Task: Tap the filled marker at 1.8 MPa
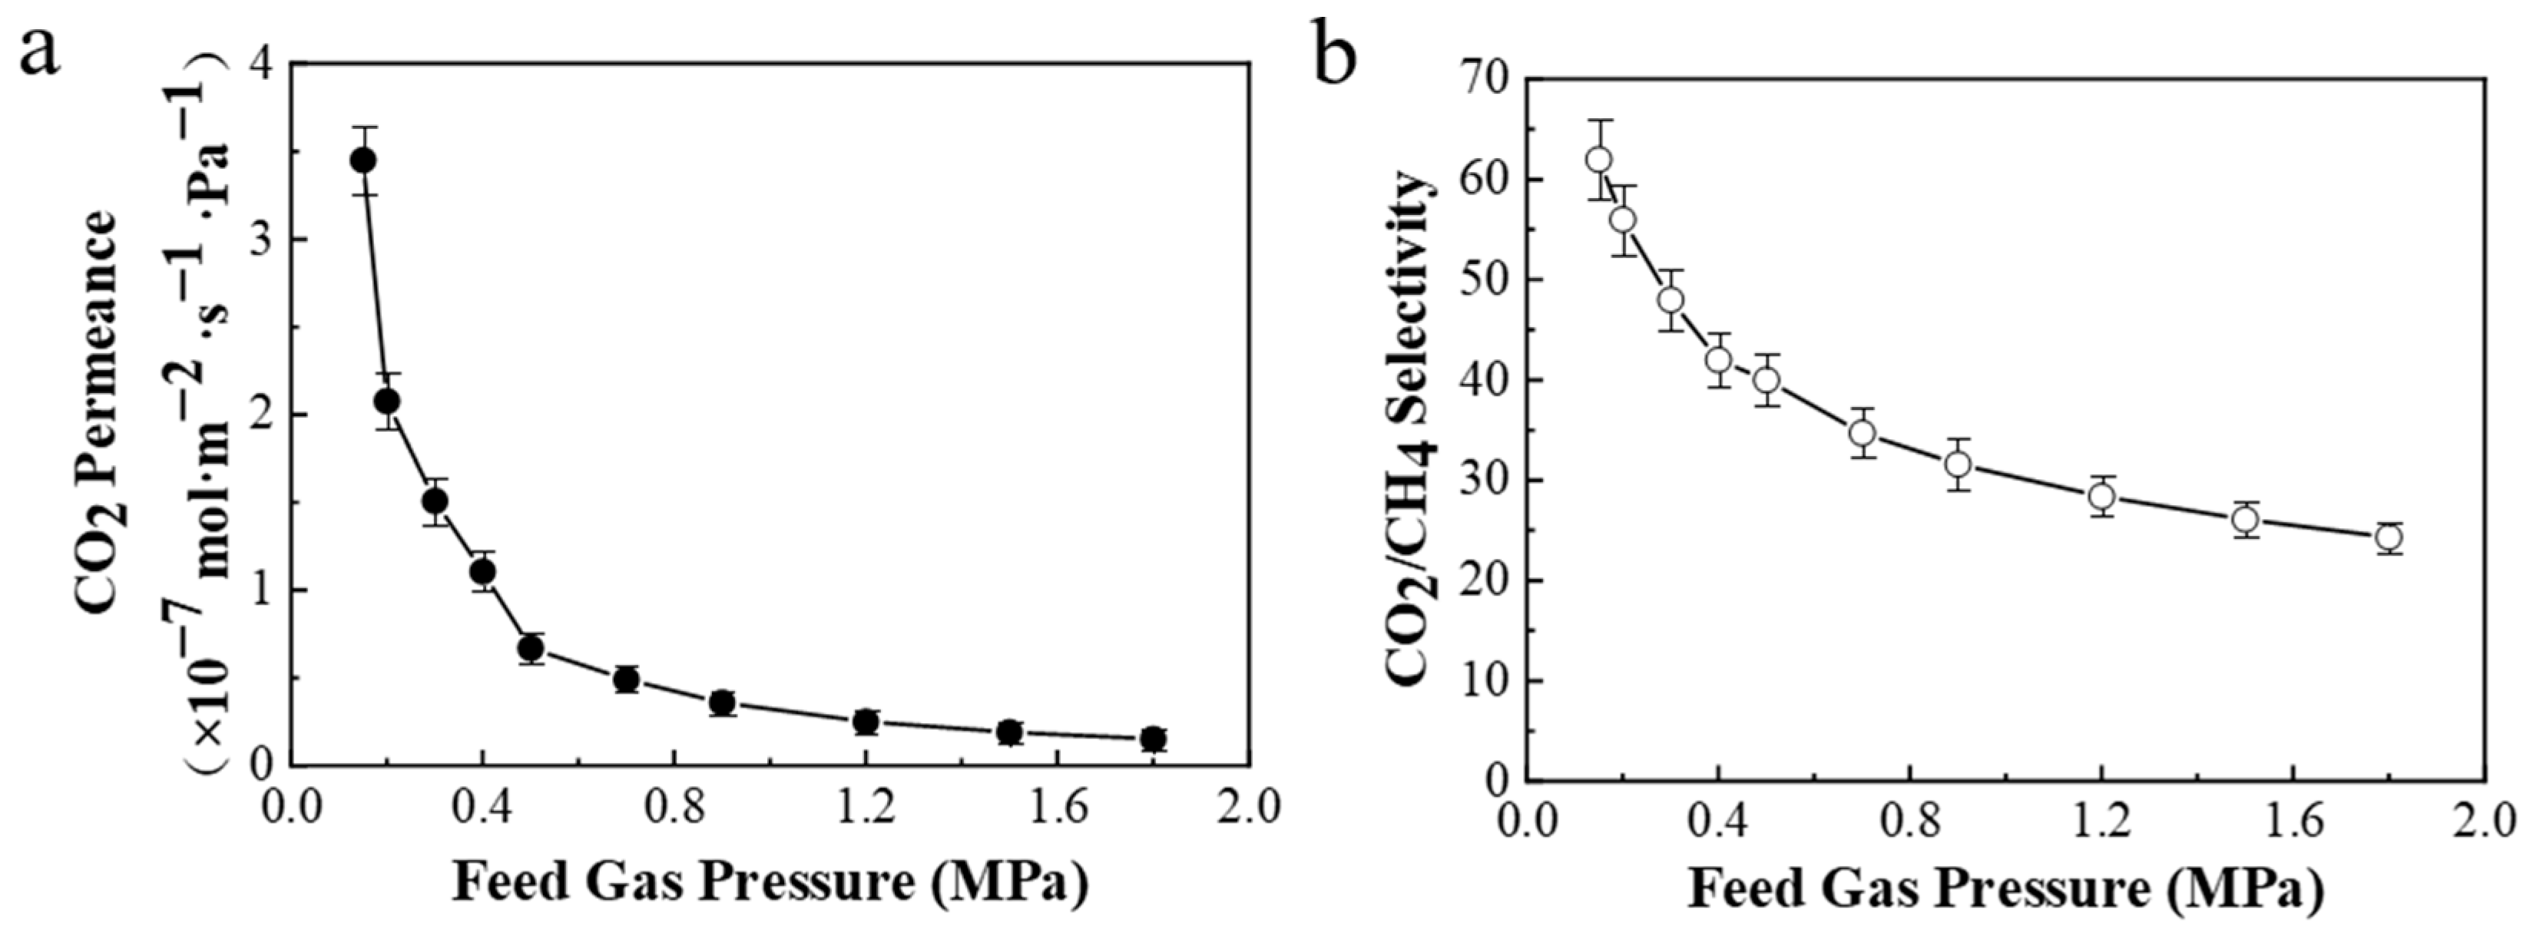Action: (1154, 739)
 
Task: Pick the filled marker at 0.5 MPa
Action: (531, 649)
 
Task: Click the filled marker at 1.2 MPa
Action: (866, 722)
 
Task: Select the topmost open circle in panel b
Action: (1599, 159)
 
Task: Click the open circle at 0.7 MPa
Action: (1863, 432)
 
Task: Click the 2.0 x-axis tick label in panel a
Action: (1248, 808)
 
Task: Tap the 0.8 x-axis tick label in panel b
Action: (1909, 824)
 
